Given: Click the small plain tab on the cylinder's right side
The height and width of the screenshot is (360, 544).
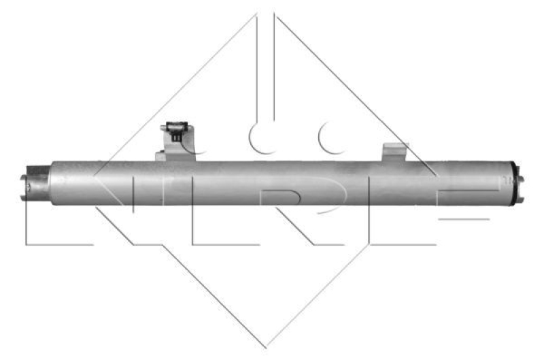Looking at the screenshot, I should pos(394,152).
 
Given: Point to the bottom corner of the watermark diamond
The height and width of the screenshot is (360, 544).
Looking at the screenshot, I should pos(267,347).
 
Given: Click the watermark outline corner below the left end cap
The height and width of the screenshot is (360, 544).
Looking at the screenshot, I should pos(27,242).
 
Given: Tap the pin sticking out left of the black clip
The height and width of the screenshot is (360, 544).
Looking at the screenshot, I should pos(163,127).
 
